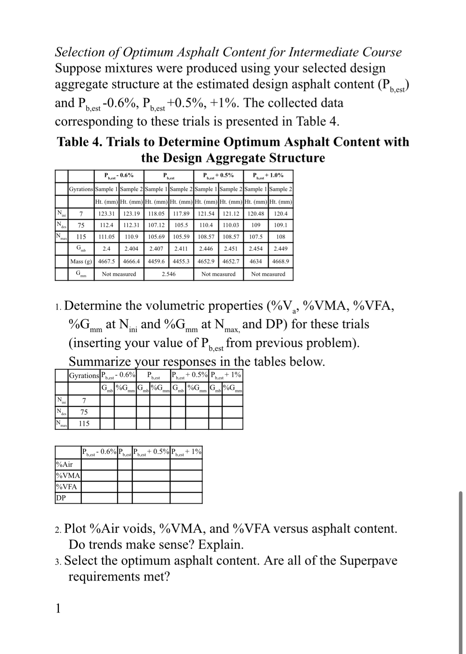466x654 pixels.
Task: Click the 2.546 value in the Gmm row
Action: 169,274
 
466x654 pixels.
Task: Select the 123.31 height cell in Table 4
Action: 106,214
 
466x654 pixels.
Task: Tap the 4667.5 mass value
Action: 106,261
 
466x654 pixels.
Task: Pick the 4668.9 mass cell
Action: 281,261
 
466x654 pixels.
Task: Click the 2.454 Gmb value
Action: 256,249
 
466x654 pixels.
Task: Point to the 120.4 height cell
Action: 281,214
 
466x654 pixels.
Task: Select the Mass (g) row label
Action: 81,261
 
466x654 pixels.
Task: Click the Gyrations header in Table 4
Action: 81,189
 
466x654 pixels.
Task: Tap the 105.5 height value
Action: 181,225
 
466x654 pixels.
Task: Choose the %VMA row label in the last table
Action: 68,475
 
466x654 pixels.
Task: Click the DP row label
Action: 61,498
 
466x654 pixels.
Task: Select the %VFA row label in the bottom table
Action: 67,487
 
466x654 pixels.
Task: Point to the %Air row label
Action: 65,464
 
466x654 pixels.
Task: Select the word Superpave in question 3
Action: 368,560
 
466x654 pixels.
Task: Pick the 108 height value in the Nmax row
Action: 281,237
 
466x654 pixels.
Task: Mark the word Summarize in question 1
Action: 101,361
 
